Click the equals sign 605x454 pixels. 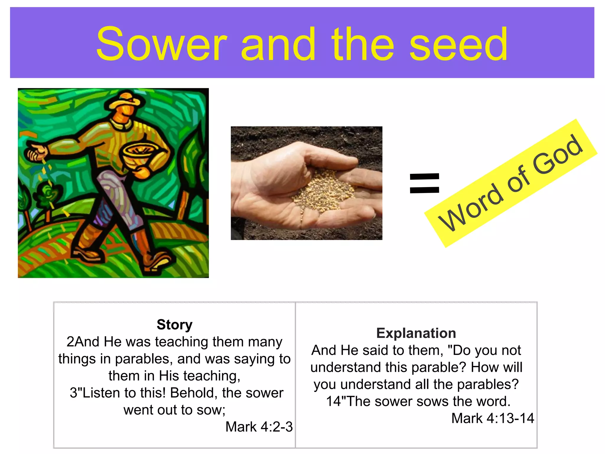click(x=425, y=183)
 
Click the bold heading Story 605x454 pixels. click(x=175, y=325)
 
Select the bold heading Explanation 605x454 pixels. click(x=416, y=333)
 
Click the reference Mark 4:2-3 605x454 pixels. click(x=259, y=427)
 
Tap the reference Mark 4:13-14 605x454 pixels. click(x=492, y=418)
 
